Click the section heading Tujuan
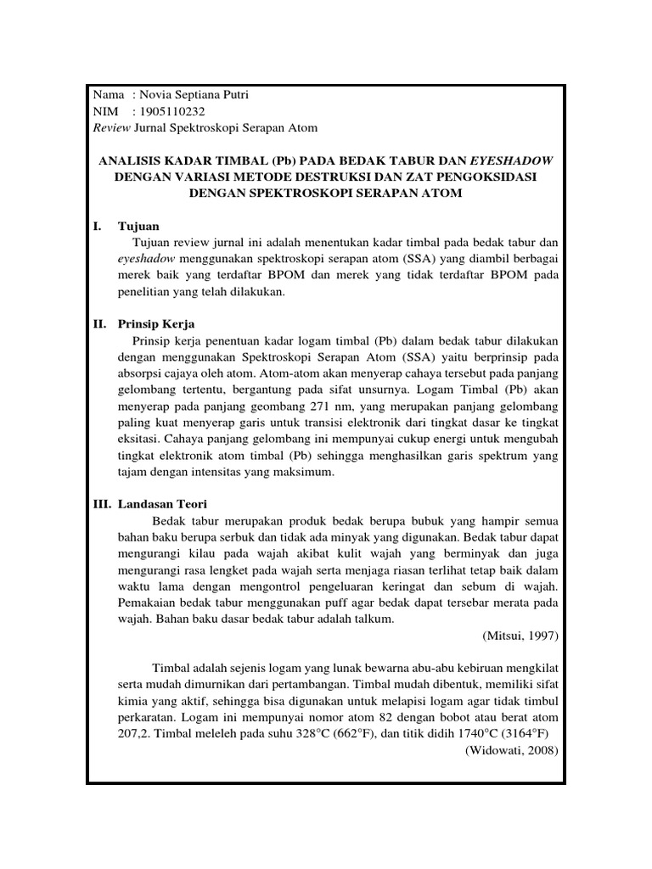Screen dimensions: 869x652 click(x=138, y=226)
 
